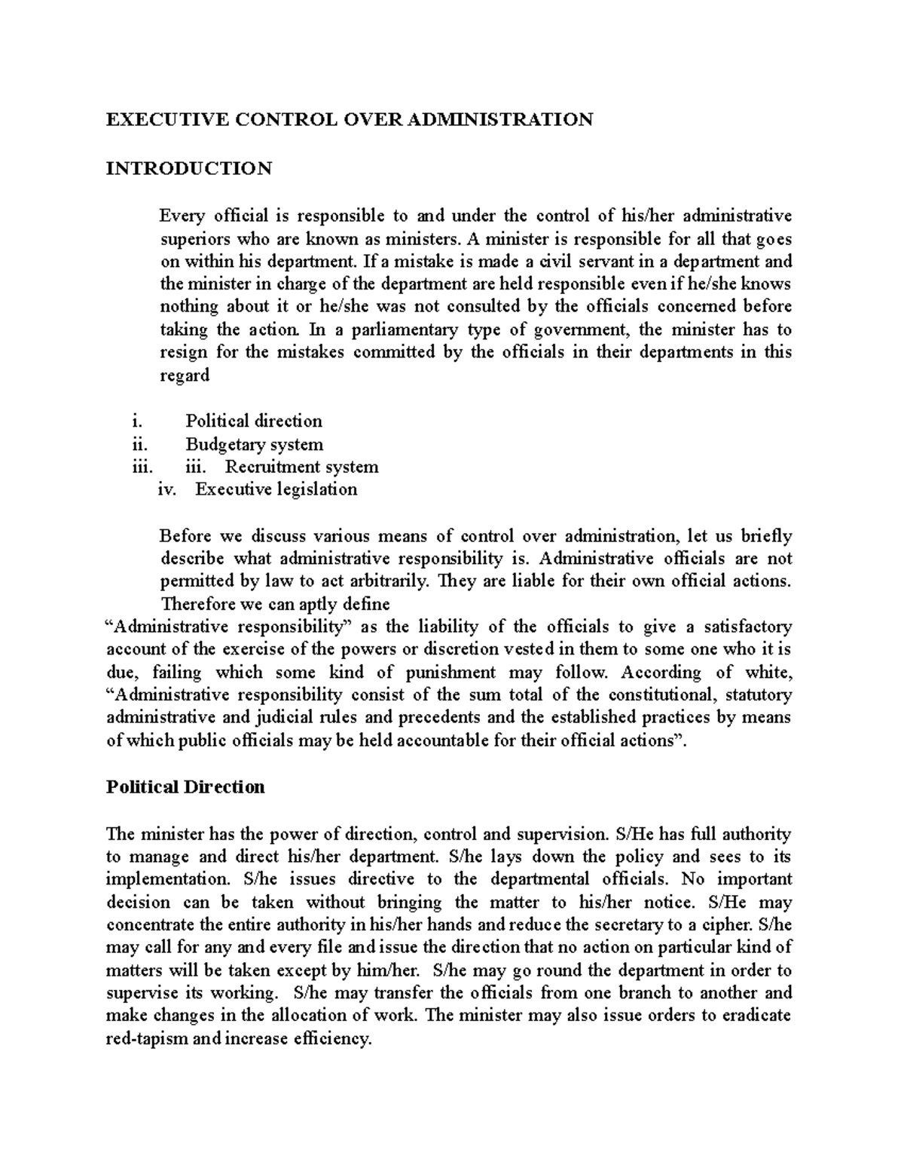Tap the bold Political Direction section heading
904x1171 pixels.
point(185,787)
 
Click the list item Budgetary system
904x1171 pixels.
point(254,444)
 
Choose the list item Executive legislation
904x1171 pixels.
point(276,489)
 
